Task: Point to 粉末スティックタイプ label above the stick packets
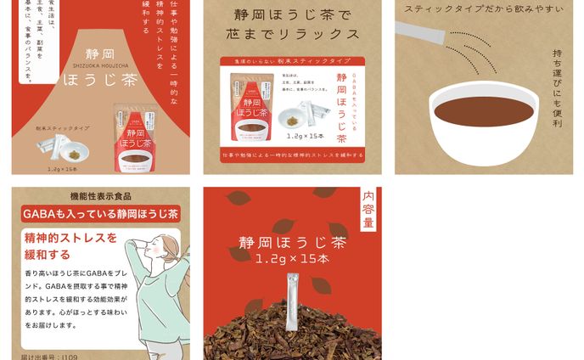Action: point(61,127)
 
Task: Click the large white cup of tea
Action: point(483,119)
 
